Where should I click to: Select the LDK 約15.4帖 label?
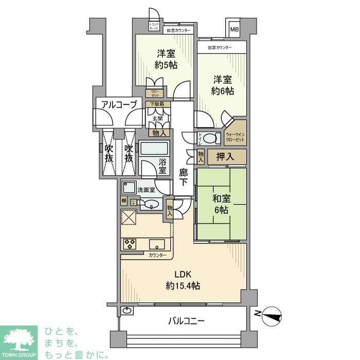(183, 280)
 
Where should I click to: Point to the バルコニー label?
(187, 321)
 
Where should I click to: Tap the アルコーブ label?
(119, 105)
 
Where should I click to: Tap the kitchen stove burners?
(129, 243)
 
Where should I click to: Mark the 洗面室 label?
(146, 189)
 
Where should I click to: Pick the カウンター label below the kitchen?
(157, 256)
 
